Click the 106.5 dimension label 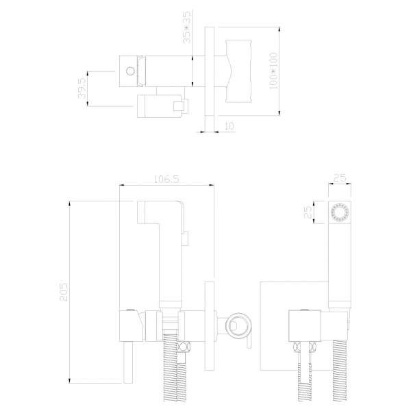[x=166, y=179]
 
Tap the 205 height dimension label [x=64, y=292]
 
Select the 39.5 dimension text [x=82, y=88]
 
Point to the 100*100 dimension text [x=273, y=71]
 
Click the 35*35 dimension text [x=187, y=27]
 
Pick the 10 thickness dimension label [x=229, y=126]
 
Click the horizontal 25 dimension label [x=340, y=178]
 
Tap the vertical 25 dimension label [x=308, y=212]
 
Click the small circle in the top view [x=130, y=71]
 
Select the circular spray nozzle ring [x=340, y=212]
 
